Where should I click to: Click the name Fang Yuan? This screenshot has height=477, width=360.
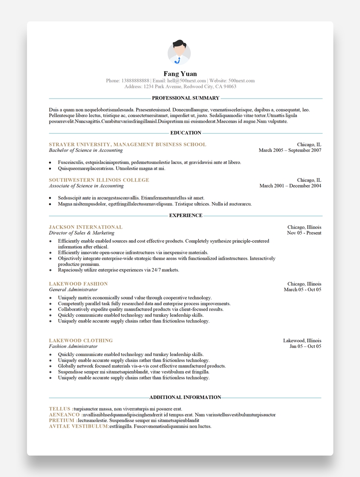click(x=180, y=74)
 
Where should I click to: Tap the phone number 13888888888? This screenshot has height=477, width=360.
click(x=135, y=81)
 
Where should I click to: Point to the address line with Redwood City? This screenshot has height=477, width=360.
click(x=180, y=87)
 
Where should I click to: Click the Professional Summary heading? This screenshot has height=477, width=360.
click(x=186, y=98)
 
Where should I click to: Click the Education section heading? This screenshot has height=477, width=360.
click(x=186, y=133)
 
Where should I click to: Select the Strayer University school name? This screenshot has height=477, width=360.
click(x=127, y=145)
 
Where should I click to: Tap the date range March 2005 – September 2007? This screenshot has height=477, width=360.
click(x=290, y=151)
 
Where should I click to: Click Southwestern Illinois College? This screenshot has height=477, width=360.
click(x=99, y=180)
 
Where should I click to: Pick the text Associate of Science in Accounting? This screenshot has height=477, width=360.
click(x=86, y=186)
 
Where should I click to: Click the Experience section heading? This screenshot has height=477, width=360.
click(x=186, y=215)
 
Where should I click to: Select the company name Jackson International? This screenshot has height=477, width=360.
click(x=86, y=227)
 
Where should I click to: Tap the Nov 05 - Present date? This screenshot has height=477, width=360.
click(x=304, y=233)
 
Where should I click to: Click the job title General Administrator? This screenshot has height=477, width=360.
click(x=73, y=290)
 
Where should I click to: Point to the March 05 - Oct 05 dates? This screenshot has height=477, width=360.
click(x=302, y=290)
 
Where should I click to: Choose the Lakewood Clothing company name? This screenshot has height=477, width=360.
click(x=81, y=341)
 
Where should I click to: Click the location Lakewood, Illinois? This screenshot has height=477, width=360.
click(x=302, y=341)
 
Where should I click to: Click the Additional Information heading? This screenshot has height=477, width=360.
click(x=185, y=397)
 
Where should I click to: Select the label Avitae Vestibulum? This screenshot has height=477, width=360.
click(x=78, y=427)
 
